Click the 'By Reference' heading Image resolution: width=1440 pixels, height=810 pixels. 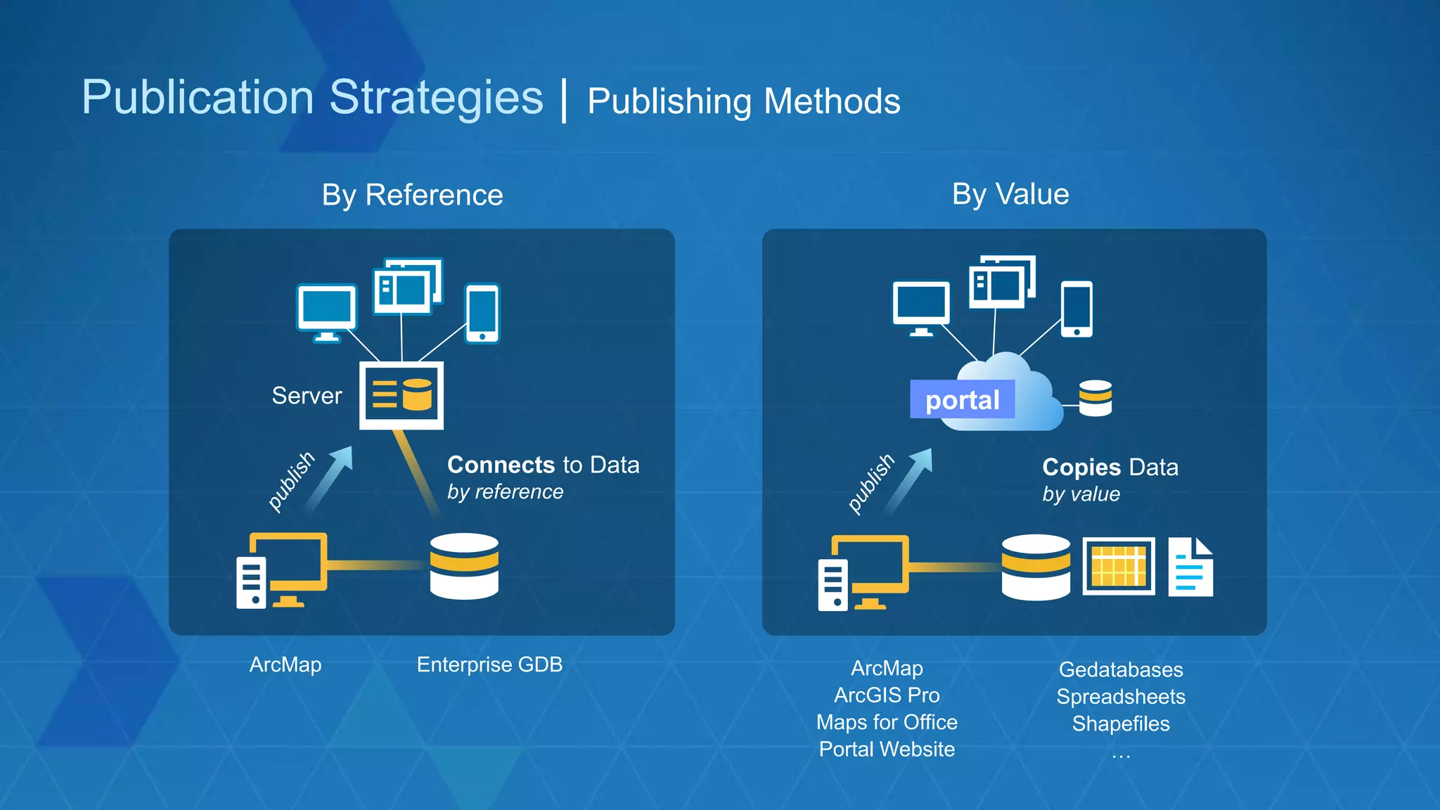click(412, 195)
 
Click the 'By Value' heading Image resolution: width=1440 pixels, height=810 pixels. click(1010, 194)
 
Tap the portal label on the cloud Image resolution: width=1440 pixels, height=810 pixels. click(962, 399)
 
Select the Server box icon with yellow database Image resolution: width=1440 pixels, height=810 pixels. click(401, 395)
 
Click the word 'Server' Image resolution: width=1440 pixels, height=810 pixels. click(307, 396)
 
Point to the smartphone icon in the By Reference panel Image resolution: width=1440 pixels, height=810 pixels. click(482, 313)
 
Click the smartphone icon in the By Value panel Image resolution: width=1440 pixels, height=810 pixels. click(1076, 309)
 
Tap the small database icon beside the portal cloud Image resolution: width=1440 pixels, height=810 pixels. click(1095, 398)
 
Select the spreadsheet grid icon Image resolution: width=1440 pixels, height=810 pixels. click(1118, 566)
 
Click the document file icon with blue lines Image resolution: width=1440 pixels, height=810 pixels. click(1190, 567)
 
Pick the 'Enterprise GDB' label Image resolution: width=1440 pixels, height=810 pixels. click(489, 664)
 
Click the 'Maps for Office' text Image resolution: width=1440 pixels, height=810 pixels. click(887, 722)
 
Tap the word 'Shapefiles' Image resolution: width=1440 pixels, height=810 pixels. click(1121, 724)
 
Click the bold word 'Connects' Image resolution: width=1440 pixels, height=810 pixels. click(501, 465)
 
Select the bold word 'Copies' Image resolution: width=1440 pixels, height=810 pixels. click(1081, 467)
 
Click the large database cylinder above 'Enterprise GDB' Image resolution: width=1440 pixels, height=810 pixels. click(464, 566)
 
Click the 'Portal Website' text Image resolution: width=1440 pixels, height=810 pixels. click(887, 749)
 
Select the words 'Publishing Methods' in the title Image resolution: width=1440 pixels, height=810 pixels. click(743, 101)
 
